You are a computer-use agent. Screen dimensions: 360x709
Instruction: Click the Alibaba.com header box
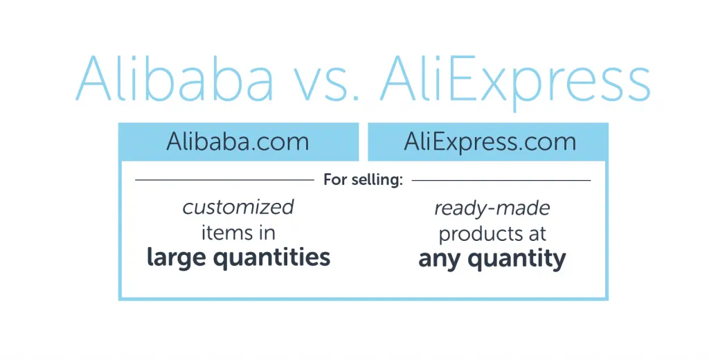point(238,141)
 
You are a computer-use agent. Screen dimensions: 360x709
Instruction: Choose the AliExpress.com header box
point(489,141)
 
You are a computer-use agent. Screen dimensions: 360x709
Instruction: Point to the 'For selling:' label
point(363,180)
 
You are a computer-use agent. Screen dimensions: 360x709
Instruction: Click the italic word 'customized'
point(238,207)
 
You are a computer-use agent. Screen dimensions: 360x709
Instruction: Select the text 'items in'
point(238,232)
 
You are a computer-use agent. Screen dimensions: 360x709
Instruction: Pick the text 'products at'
point(492,233)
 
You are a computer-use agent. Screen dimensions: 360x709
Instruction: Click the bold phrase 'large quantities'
point(238,258)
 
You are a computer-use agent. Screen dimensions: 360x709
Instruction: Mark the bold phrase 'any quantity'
point(492,259)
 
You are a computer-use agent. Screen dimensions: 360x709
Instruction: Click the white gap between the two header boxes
point(363,141)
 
